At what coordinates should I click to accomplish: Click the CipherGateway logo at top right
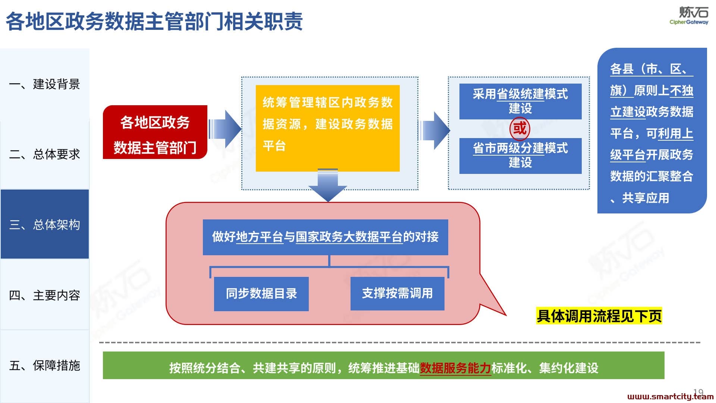[x=689, y=15]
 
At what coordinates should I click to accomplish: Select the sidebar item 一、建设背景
[x=44, y=84]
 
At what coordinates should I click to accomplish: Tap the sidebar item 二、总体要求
[x=44, y=154]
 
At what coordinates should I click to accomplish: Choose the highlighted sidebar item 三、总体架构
[x=45, y=224]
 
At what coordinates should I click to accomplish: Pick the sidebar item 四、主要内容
[x=44, y=295]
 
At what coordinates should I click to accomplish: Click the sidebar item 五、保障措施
[x=44, y=366]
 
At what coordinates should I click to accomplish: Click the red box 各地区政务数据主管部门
[x=155, y=132]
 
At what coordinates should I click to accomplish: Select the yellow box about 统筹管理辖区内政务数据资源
[x=327, y=128]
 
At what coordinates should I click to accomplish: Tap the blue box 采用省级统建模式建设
[x=520, y=101]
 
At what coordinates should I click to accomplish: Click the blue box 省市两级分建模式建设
[x=520, y=156]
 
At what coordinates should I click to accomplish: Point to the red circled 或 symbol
[x=520, y=129]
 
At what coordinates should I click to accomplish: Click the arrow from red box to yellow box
[x=225, y=129]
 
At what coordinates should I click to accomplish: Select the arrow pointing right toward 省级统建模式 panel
[x=434, y=130]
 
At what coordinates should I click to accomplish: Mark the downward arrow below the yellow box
[x=328, y=185]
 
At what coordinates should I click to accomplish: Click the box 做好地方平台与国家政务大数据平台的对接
[x=325, y=237]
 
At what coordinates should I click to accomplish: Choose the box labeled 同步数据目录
[x=261, y=294]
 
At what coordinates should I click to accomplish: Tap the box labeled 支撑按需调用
[x=398, y=293]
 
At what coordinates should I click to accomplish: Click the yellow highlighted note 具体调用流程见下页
[x=599, y=316]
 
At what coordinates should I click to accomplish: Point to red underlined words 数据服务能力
[x=455, y=368]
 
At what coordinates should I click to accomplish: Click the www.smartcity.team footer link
[x=671, y=397]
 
